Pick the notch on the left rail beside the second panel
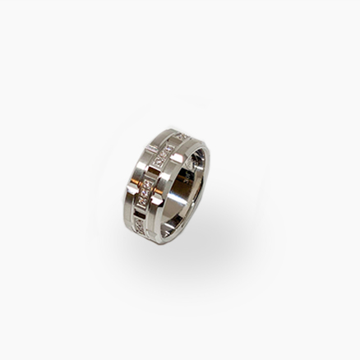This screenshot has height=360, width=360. click(151, 148)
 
